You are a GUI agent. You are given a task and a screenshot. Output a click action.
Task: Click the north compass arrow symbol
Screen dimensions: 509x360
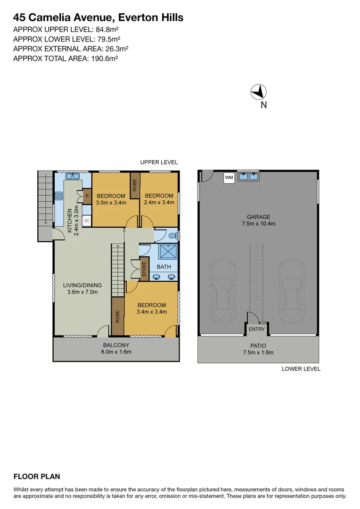(258, 91)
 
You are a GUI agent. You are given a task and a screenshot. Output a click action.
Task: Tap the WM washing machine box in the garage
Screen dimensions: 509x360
(229, 178)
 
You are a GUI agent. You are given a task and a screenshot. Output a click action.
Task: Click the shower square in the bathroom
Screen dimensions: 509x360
(166, 252)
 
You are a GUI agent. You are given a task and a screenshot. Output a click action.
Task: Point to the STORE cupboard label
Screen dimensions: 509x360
(144, 269)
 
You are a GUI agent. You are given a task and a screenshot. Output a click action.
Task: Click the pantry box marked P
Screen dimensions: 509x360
(87, 196)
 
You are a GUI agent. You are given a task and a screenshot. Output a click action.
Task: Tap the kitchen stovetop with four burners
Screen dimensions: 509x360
(59, 195)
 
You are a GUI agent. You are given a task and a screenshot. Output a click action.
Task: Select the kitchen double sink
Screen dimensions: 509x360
(73, 177)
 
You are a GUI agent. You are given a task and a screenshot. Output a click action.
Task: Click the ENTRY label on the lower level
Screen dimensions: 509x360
(257, 329)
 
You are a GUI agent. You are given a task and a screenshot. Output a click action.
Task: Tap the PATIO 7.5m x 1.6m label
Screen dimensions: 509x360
(258, 349)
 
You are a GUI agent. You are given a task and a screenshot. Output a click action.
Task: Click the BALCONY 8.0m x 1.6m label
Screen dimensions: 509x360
(115, 348)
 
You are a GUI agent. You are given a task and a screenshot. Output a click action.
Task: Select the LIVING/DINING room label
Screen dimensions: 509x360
(82, 288)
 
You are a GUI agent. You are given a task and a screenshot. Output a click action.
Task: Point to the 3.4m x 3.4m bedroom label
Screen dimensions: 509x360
(151, 308)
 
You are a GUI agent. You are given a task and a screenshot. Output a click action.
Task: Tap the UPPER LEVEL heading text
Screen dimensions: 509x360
(159, 162)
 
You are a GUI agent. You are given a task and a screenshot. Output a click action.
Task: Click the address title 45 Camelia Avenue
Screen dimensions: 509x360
(98, 18)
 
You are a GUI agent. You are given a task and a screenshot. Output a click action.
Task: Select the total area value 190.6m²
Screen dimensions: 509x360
(103, 59)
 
